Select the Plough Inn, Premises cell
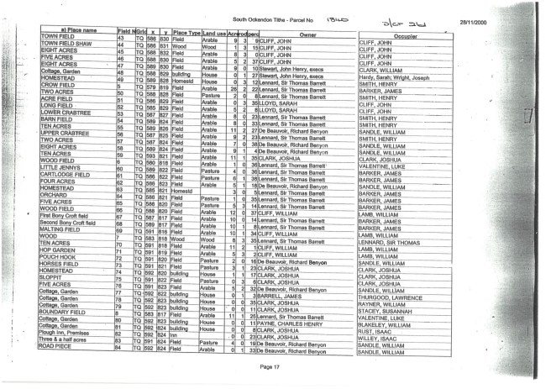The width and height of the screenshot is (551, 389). coord(67,334)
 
